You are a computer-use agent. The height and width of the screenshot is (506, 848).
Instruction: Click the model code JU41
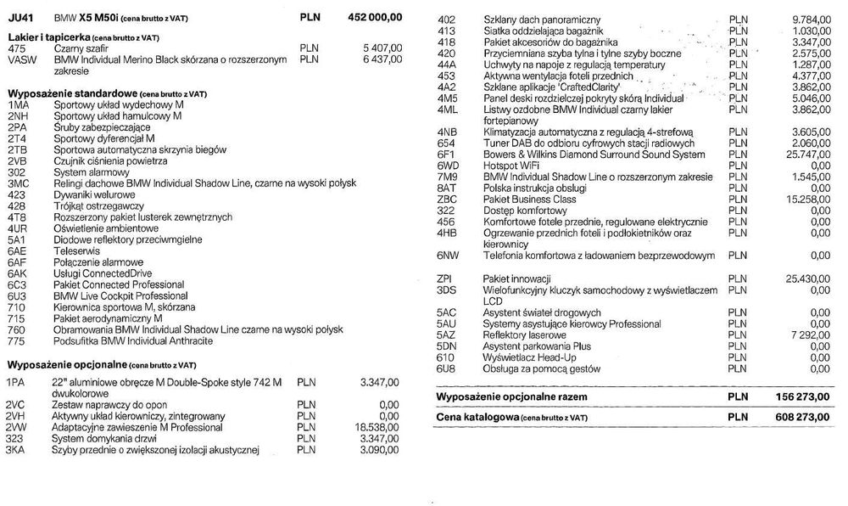point(21,17)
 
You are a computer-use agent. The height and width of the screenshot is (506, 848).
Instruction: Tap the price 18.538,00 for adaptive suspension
point(375,428)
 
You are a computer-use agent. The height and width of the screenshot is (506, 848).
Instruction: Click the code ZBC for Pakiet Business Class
point(447,198)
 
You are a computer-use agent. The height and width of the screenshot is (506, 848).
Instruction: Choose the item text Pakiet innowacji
point(517,278)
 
